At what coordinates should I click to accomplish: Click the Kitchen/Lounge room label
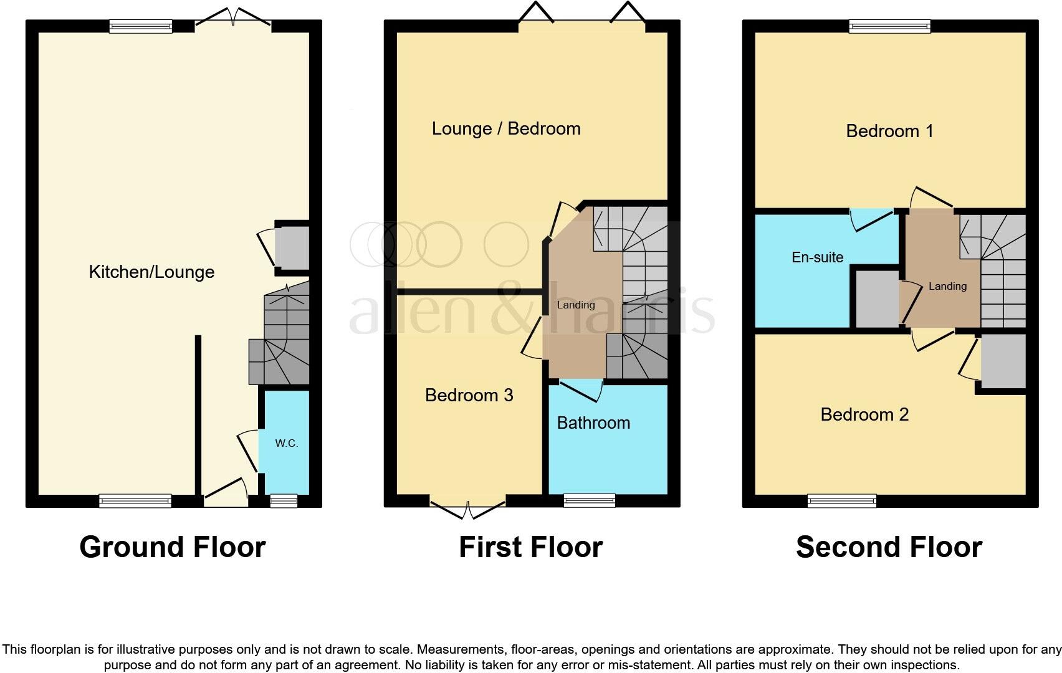[x=151, y=272]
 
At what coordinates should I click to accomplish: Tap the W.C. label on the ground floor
[x=286, y=443]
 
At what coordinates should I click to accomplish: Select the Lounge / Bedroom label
[x=506, y=128]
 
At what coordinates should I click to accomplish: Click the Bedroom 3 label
[x=469, y=395]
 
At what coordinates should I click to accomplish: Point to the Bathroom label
[x=593, y=422]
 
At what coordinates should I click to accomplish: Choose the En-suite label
[x=817, y=257]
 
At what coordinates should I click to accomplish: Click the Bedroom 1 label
[x=889, y=131]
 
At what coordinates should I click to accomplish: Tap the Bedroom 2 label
[x=864, y=414]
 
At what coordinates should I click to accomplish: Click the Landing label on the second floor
[x=947, y=286]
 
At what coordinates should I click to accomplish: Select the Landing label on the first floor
[x=575, y=305]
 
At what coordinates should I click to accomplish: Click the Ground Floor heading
[x=173, y=547]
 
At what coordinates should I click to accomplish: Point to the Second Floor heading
[x=889, y=547]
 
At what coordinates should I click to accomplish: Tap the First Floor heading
[x=530, y=547]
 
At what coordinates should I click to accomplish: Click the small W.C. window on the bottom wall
[x=284, y=500]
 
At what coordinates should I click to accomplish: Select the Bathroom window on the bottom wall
[x=589, y=500]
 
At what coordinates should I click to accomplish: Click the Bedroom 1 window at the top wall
[x=889, y=26]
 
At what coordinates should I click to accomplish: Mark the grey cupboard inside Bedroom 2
[x=1003, y=361]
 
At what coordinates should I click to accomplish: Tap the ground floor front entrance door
[x=225, y=494]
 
